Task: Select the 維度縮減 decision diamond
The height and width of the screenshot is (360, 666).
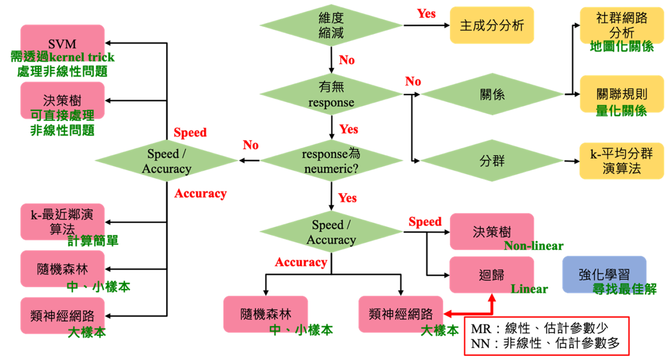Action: pos(331,25)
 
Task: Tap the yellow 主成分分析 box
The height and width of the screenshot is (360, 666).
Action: pos(492,25)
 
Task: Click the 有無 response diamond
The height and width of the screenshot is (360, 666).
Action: pos(331,94)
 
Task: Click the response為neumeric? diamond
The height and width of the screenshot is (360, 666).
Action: pos(331,161)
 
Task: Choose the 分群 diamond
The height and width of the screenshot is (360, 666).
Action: pos(492,161)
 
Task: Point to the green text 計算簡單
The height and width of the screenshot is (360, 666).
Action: pos(93,241)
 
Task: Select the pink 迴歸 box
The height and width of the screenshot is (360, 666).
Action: pos(492,274)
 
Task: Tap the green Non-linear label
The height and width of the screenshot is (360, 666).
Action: pos(533,246)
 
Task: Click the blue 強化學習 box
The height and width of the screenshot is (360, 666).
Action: pos(604,274)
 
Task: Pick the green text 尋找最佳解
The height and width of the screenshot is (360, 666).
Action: pos(625,289)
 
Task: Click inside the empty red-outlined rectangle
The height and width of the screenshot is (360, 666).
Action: pos(546,336)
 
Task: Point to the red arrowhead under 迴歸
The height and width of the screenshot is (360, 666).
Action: pos(492,298)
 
